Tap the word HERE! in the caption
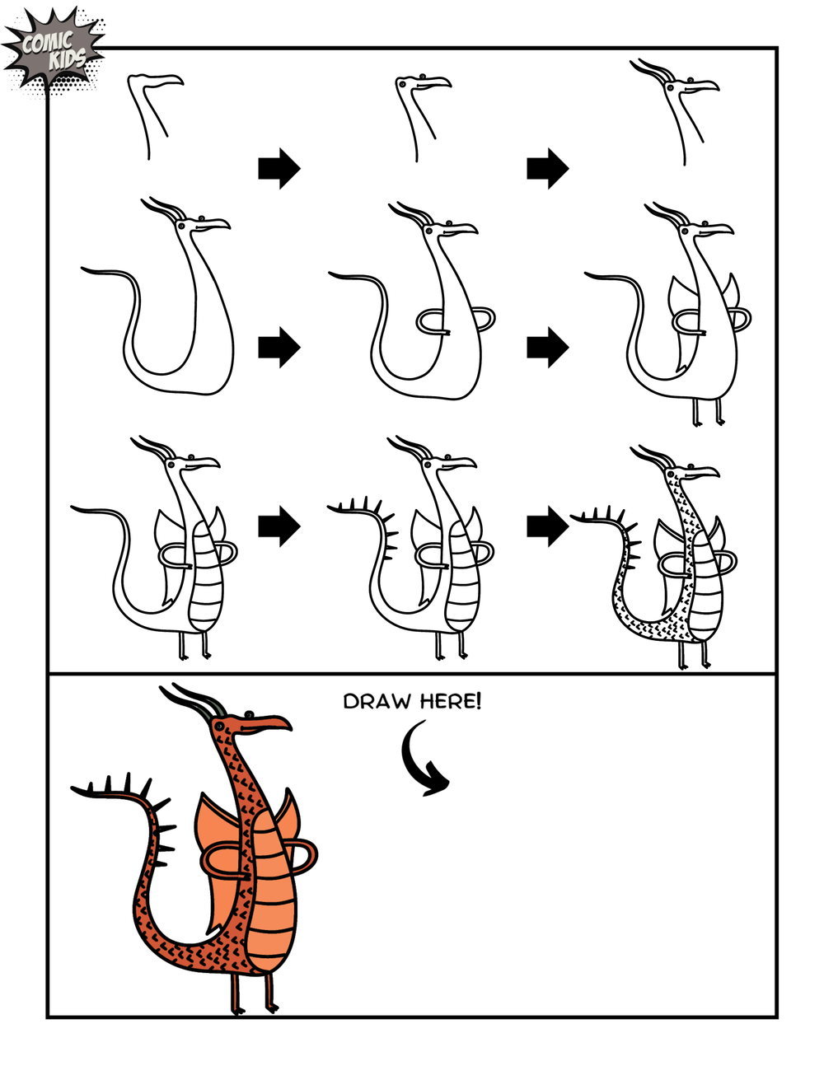click(450, 701)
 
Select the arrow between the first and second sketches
click(279, 169)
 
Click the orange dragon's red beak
click(268, 725)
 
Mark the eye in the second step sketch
click(422, 78)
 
